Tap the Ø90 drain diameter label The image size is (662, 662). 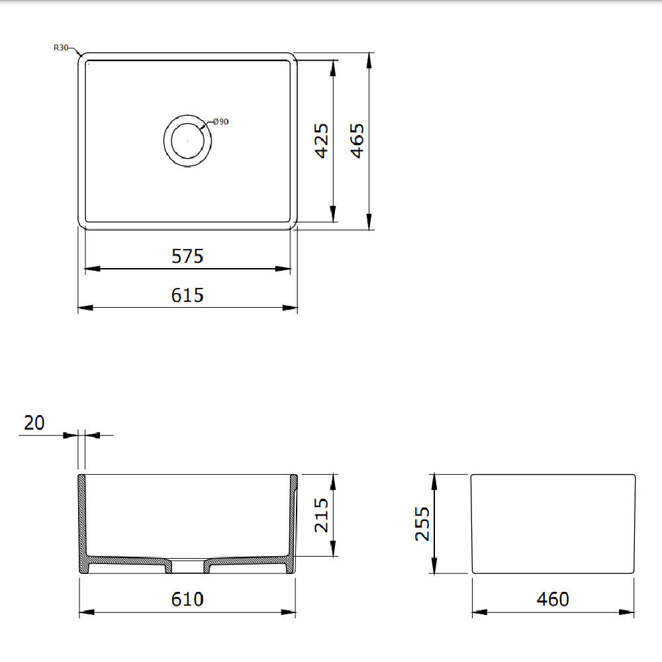click(220, 122)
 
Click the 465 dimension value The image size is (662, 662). click(357, 140)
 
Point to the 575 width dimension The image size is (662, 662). click(187, 256)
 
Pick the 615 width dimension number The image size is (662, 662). click(187, 295)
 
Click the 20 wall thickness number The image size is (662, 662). click(34, 423)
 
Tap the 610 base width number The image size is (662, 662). click(187, 600)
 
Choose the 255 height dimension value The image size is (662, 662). click(422, 524)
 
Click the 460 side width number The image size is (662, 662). click(553, 600)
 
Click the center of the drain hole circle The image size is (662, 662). click(188, 140)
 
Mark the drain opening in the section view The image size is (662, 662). click(187, 566)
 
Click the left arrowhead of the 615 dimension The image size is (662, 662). click(85, 308)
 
